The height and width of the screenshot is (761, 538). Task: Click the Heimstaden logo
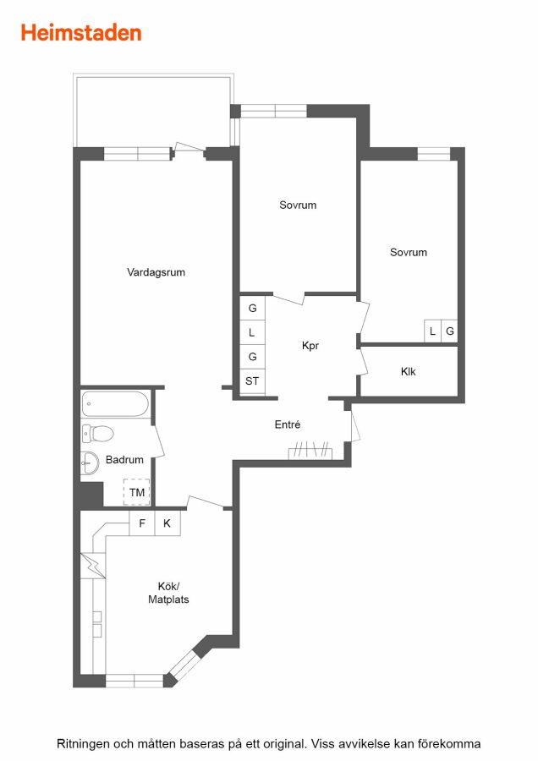click(x=81, y=33)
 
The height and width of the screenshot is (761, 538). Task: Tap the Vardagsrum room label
click(x=156, y=272)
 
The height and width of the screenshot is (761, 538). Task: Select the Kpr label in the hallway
click(x=310, y=346)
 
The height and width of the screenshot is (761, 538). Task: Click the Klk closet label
click(x=409, y=371)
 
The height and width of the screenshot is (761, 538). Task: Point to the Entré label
click(x=288, y=424)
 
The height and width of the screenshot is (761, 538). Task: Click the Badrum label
click(x=125, y=460)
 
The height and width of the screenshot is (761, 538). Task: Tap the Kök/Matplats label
click(x=168, y=593)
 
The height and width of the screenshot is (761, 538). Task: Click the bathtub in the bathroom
click(x=114, y=404)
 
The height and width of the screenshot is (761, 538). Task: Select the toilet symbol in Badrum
click(x=97, y=434)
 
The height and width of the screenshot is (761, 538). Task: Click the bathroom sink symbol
click(x=90, y=463)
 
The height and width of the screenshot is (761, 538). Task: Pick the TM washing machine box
click(x=136, y=492)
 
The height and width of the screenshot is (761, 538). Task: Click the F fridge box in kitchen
click(x=142, y=523)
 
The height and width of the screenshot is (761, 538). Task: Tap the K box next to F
click(x=167, y=523)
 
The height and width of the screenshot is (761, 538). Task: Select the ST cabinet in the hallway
click(x=252, y=381)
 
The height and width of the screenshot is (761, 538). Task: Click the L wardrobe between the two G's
click(x=252, y=332)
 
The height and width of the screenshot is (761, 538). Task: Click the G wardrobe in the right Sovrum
click(x=450, y=331)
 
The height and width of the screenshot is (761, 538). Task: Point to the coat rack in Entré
click(x=310, y=451)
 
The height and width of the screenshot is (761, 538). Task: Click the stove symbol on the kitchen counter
click(x=97, y=624)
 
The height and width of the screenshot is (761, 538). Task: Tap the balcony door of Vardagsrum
click(x=189, y=149)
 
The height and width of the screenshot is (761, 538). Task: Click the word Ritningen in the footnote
click(x=84, y=743)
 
